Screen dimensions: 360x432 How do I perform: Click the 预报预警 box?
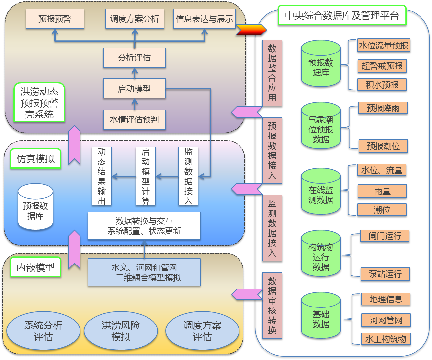point(55,19)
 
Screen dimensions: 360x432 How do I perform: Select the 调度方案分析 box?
point(135,19)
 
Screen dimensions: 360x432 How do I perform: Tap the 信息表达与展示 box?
point(204,19)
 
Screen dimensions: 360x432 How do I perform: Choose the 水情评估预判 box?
point(134,119)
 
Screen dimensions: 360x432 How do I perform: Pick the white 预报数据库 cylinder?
point(35,207)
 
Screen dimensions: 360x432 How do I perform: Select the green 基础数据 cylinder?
point(321,315)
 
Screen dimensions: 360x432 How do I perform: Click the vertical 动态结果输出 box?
point(102,176)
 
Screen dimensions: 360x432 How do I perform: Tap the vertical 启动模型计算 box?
point(146,176)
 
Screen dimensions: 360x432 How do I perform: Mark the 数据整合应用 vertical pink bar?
point(272,73)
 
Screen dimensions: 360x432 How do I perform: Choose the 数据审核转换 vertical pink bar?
point(272,305)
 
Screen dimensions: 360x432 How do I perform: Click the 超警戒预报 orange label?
point(382,66)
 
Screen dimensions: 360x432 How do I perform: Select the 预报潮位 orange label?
point(383,146)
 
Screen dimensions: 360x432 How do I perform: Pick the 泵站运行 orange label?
point(385,274)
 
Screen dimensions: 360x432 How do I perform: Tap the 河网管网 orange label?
point(386,320)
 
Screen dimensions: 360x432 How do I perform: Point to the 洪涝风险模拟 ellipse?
point(121,331)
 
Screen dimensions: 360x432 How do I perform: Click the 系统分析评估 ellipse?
point(43,331)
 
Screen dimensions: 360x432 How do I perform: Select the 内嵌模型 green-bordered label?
point(35,267)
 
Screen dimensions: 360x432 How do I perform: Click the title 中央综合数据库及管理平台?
point(342,15)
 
